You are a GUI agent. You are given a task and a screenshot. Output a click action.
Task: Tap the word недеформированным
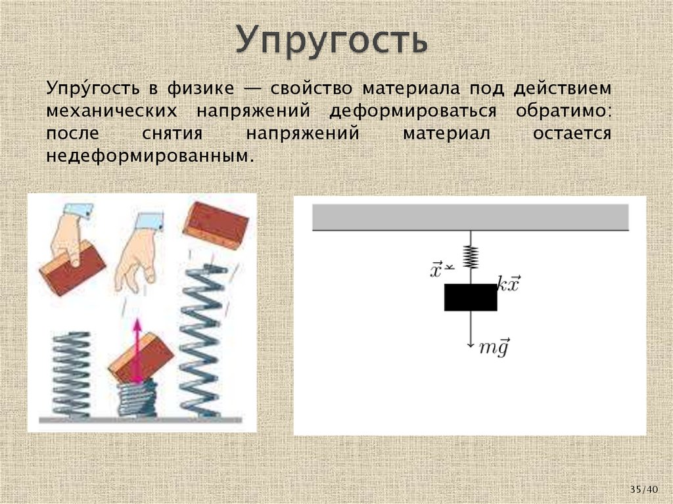click(149, 157)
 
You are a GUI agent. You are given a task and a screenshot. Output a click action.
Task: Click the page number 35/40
click(643, 490)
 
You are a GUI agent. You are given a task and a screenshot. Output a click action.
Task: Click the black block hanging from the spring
click(471, 297)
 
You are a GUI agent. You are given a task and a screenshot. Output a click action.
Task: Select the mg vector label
click(494, 348)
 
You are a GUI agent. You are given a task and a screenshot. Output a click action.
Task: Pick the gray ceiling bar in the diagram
click(470, 216)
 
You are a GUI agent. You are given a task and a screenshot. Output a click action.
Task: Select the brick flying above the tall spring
click(215, 225)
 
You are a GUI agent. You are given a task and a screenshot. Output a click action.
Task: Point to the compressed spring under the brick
click(138, 398)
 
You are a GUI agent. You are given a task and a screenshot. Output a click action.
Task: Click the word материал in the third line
click(446, 134)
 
